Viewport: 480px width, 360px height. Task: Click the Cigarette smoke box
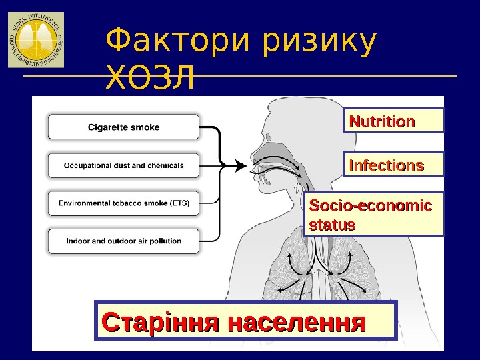coord(123,127)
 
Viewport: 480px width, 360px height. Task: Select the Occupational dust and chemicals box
coord(123,165)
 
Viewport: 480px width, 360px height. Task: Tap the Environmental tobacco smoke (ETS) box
coord(123,203)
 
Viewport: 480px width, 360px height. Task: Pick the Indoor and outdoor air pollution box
coord(123,241)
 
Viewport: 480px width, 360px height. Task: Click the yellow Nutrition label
coord(393,121)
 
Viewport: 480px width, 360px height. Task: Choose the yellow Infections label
coord(393,165)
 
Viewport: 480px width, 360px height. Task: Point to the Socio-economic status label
coord(373,215)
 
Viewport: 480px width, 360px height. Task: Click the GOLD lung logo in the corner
coord(36,39)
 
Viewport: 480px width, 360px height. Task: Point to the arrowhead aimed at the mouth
coord(241,165)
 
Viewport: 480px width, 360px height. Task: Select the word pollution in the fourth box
coord(163,241)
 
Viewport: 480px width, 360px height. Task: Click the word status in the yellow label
coord(332,225)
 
